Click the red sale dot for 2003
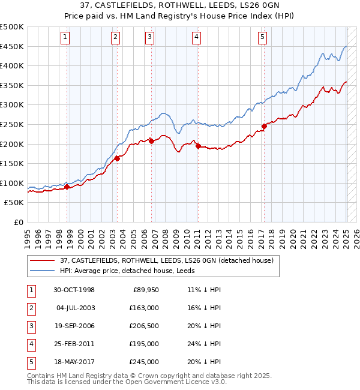point(118,158)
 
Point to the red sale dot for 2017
point(263,126)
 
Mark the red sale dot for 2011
point(197,146)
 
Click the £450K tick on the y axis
point(12,46)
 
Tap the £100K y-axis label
point(12,183)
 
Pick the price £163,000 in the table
point(145,307)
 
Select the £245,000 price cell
point(145,362)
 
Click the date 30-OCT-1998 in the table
point(74,289)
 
